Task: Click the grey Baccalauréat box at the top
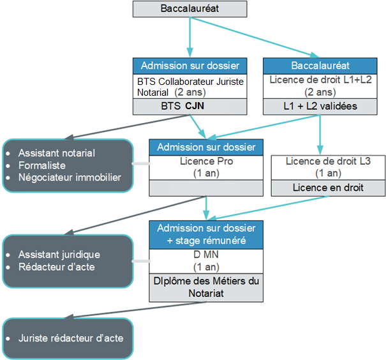coord(189,9)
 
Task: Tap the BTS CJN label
coord(189,106)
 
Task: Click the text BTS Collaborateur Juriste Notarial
coord(189,87)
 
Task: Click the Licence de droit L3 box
coord(328,167)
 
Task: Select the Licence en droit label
coord(328,188)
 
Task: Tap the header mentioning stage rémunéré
coord(206,234)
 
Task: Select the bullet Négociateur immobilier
coord(69,177)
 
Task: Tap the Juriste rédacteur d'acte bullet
coord(71,338)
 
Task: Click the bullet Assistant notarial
coord(56,153)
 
